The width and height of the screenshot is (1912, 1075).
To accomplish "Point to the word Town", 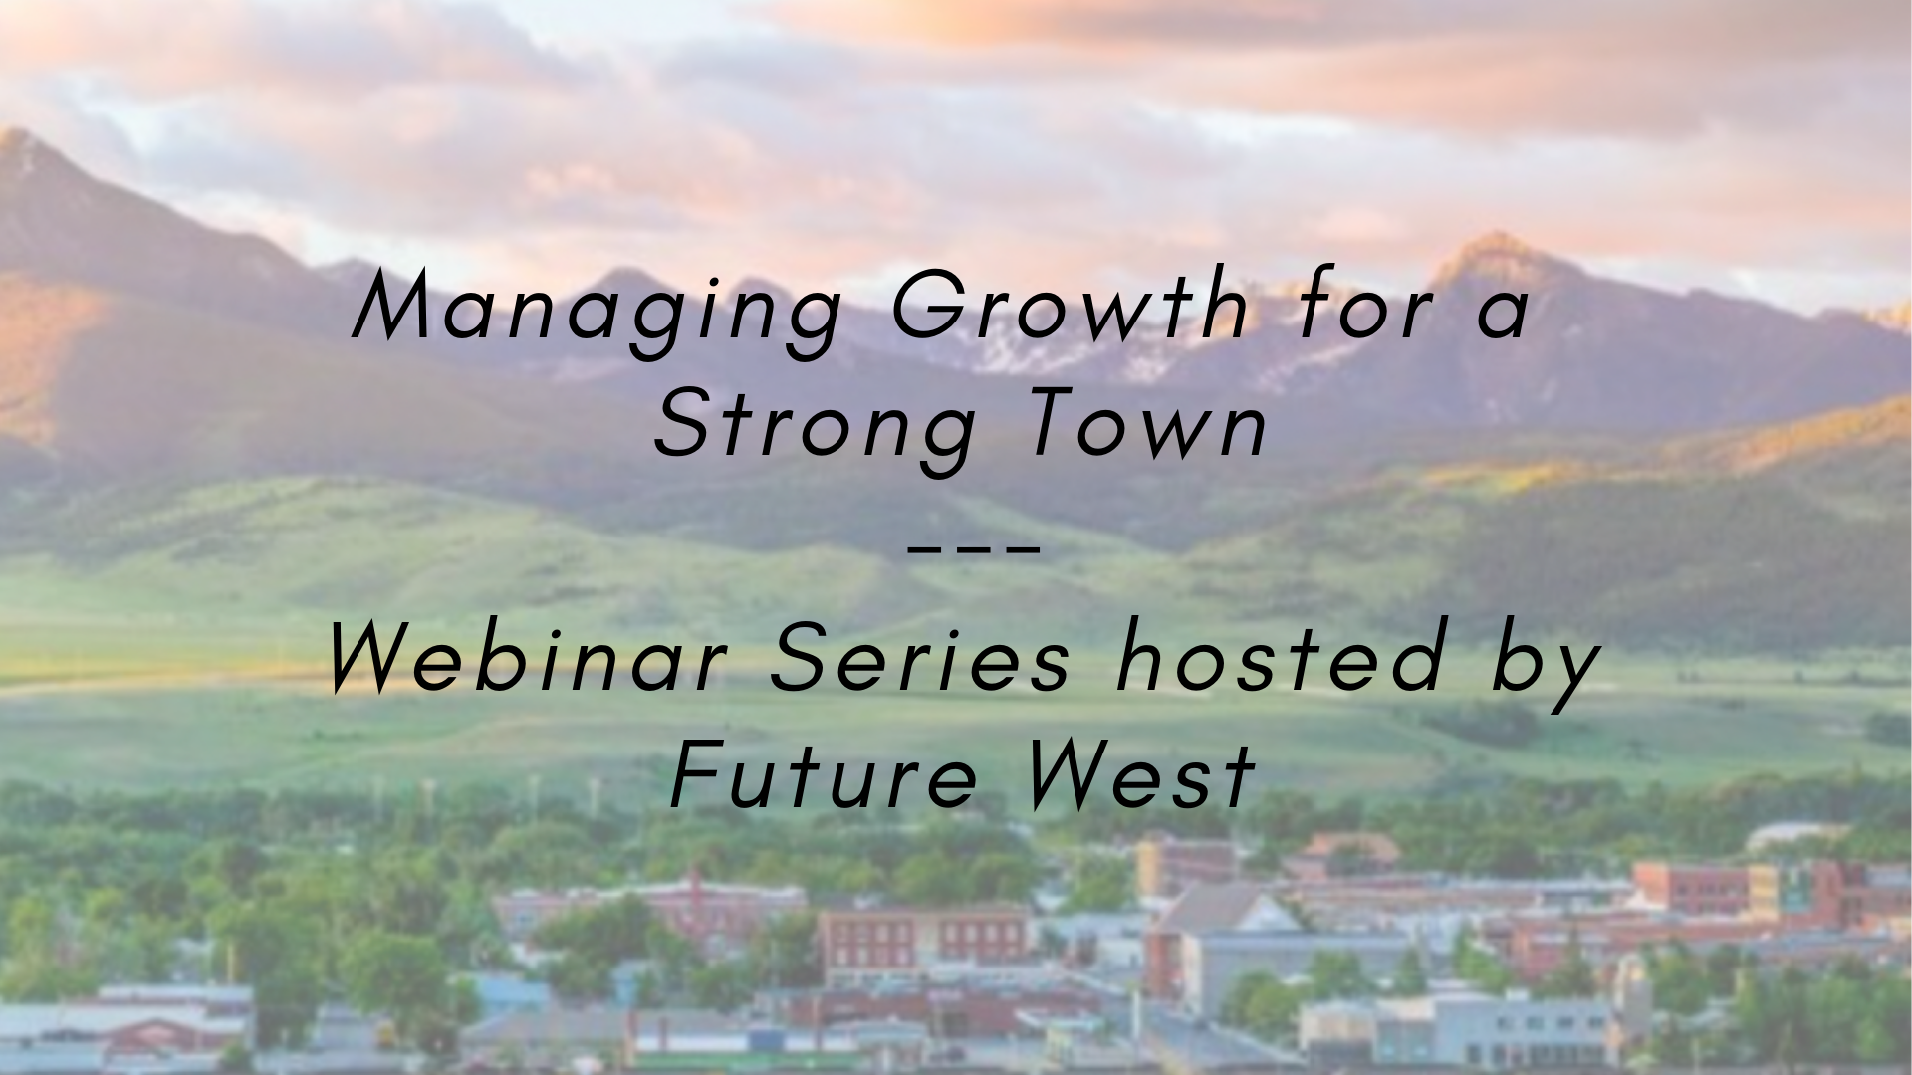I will [x=1145, y=425].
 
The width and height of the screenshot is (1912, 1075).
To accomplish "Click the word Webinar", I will [x=528, y=660].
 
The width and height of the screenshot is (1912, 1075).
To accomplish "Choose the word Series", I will [x=920, y=660].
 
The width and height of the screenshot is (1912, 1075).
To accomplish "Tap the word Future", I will [x=825, y=777].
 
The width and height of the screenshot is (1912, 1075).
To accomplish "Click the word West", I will [x=1139, y=777].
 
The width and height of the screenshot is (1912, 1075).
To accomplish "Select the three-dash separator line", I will [x=975, y=546].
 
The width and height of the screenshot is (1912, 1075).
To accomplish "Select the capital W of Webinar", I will [x=373, y=660].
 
